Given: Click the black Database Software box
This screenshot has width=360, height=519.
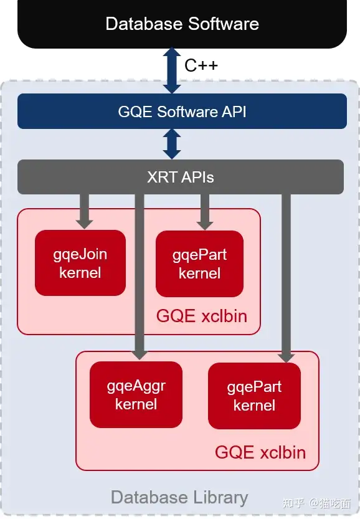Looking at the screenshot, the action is (182, 24).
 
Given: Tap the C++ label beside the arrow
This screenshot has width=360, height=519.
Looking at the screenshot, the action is (201, 65).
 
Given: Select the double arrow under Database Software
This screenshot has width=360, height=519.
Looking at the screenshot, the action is (172, 70).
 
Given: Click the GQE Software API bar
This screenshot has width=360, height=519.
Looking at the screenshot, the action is (182, 111).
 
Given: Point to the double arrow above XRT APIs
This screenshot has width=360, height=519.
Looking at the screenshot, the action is (172, 144).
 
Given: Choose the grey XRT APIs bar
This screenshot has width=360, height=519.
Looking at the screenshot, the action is (181, 177).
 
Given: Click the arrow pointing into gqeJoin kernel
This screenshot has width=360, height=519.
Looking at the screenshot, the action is (84, 211).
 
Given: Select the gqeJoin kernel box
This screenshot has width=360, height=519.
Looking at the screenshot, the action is (80, 263).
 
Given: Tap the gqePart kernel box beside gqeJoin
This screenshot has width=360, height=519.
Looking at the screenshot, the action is (199, 264).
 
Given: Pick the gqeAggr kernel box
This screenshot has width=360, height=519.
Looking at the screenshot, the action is (136, 394).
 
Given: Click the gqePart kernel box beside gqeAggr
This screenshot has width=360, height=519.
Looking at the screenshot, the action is (254, 396).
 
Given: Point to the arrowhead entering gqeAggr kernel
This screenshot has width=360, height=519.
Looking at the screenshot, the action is (140, 353).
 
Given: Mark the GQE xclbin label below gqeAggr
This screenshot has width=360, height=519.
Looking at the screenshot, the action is (260, 452).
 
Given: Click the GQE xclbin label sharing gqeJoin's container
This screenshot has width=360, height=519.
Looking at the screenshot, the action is (202, 316).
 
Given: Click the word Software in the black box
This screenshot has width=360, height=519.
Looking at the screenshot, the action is (224, 24).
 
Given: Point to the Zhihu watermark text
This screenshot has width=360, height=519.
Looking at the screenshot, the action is (316, 503).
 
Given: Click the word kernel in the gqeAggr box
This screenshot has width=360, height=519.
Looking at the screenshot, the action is (136, 404).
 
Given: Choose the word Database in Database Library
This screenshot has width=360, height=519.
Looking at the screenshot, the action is (149, 497).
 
